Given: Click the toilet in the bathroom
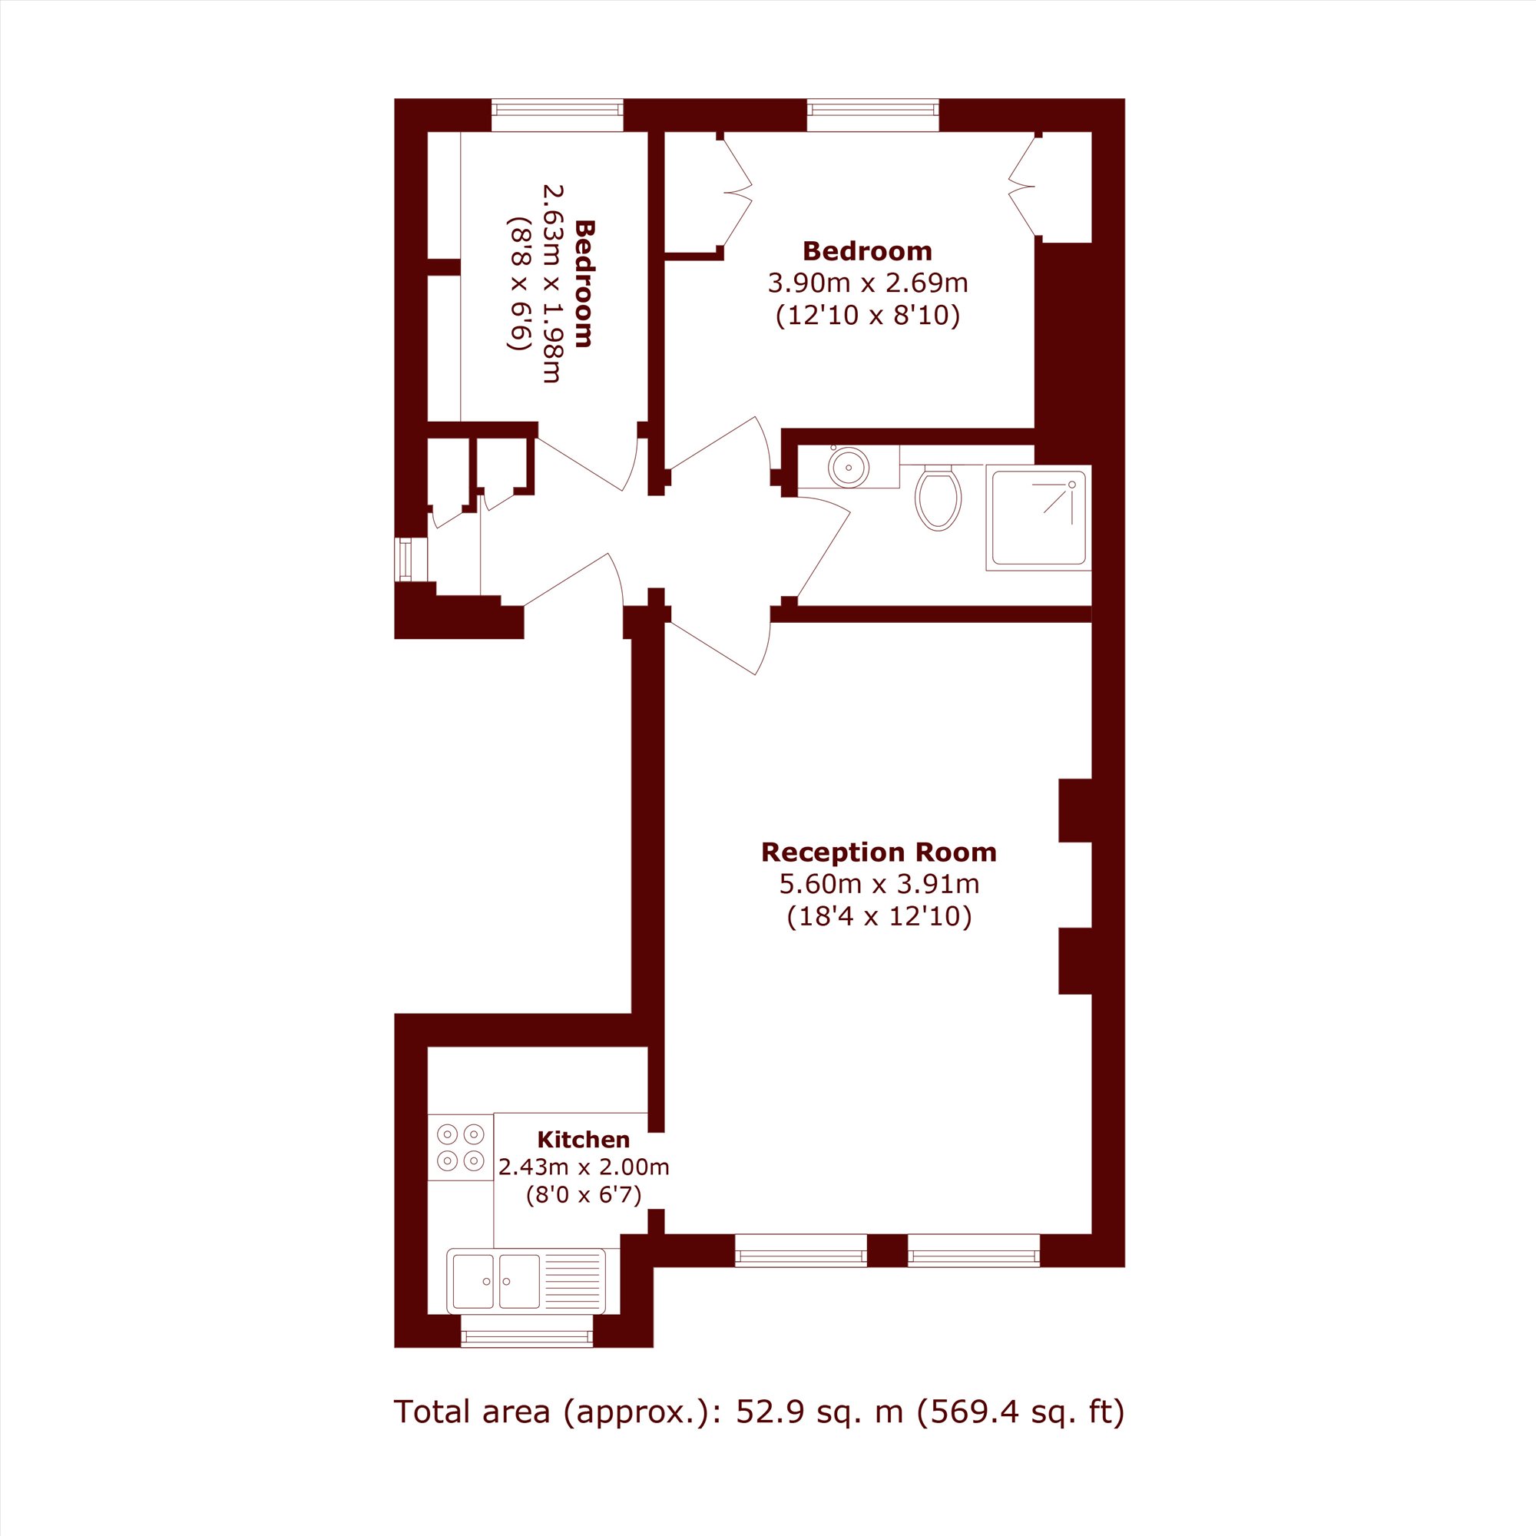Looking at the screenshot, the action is click(x=938, y=497).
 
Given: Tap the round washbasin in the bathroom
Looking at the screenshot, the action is click(x=849, y=466).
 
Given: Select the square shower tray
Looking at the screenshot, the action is click(x=1038, y=518).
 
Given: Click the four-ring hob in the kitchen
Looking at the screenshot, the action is click(x=460, y=1147).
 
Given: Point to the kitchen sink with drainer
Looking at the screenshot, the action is click(x=525, y=1281).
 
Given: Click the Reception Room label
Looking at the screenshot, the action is click(x=879, y=852).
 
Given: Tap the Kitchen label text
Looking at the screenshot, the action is click(x=584, y=1139).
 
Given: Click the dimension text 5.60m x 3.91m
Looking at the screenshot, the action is click(x=879, y=883).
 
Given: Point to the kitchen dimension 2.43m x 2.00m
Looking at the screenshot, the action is click(x=584, y=1167).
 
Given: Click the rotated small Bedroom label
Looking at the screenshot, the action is click(x=584, y=284).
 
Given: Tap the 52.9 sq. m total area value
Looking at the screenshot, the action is click(x=819, y=1411).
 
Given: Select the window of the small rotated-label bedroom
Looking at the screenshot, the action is click(x=558, y=114).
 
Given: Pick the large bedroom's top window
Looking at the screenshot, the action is click(x=873, y=114).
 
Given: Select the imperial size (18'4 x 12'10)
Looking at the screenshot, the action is click(x=879, y=917).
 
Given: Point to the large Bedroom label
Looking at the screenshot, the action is click(x=867, y=251).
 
